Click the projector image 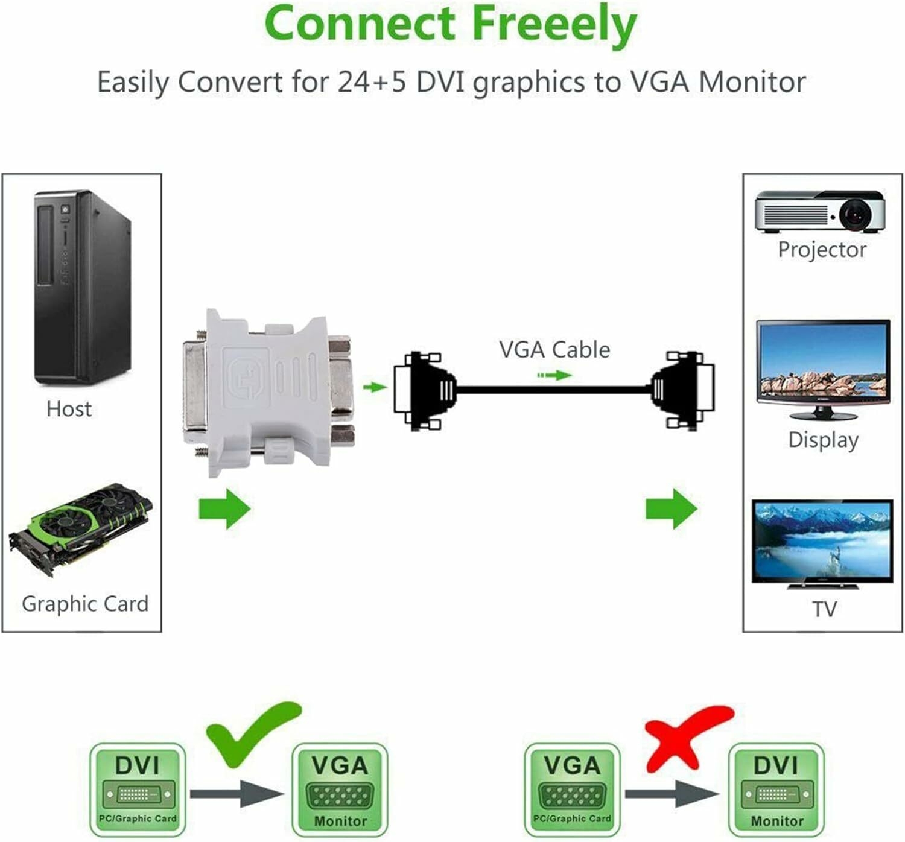coord(821,212)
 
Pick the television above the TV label coord(822,543)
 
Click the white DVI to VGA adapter coord(268,391)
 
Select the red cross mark coord(688,736)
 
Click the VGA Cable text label coord(554,350)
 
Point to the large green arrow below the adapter coord(224,509)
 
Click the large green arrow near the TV coord(671,508)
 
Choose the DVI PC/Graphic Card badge coord(138,790)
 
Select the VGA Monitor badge coord(340,790)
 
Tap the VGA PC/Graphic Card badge coord(572,790)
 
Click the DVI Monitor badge coord(776,790)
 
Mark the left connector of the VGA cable coord(424,391)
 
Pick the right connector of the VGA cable coord(683,390)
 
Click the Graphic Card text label coord(85,604)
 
